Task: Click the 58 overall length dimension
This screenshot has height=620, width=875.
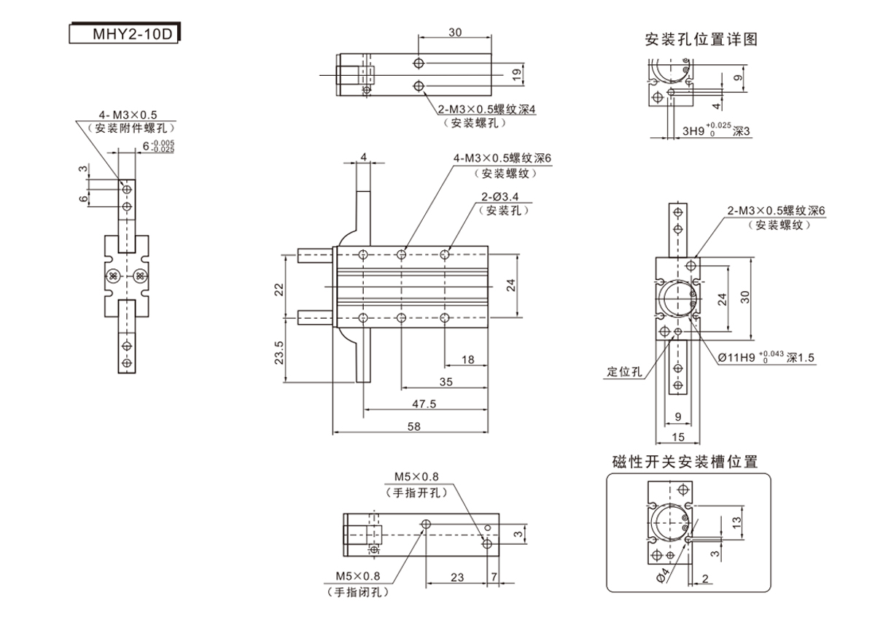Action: click(x=413, y=427)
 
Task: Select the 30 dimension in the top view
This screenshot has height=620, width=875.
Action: click(x=455, y=32)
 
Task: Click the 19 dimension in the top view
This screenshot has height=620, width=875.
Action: click(x=516, y=73)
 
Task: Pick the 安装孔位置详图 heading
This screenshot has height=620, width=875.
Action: click(x=701, y=39)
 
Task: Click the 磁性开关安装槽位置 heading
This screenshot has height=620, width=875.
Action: click(x=685, y=462)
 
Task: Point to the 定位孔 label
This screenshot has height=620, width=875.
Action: click(x=625, y=371)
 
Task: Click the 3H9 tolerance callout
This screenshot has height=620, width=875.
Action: click(x=716, y=131)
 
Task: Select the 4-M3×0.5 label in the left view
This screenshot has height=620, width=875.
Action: click(x=128, y=114)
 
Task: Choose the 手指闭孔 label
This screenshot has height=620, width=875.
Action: click(x=357, y=592)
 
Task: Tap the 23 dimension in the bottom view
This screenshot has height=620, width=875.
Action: click(x=457, y=577)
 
